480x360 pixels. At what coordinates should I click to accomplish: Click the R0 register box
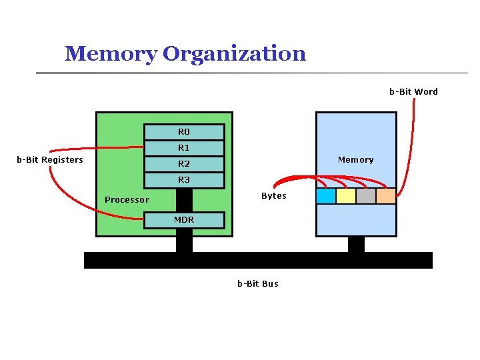[184, 131]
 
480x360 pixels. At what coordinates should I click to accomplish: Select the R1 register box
[184, 147]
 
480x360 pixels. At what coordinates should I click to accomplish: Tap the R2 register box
[184, 164]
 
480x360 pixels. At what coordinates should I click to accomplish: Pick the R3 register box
[184, 180]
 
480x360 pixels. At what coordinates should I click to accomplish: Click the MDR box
[184, 219]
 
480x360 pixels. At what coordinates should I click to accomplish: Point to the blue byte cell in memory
[326, 196]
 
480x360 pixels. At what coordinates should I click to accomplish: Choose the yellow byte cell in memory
[346, 196]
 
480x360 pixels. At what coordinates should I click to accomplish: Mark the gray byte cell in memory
[366, 196]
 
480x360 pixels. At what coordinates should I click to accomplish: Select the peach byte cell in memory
[386, 196]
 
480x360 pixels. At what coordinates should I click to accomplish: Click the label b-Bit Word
[413, 92]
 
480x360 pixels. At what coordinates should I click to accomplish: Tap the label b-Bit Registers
[50, 160]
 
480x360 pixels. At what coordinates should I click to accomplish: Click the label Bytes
[273, 196]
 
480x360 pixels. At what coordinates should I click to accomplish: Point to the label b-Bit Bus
[258, 284]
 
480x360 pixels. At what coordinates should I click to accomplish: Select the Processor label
[127, 200]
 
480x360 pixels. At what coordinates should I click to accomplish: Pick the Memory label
[355, 160]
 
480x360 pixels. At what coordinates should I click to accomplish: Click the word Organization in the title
[234, 53]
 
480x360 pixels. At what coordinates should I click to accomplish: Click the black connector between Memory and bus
[357, 244]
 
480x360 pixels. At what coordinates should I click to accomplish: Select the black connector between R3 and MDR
[184, 199]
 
